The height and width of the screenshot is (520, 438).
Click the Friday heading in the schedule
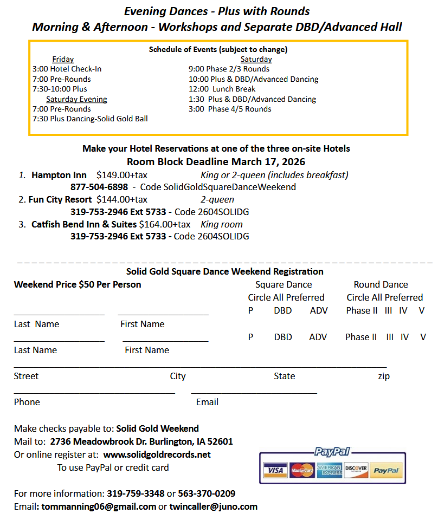click(x=63, y=59)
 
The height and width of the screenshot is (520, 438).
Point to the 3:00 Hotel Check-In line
click(x=67, y=69)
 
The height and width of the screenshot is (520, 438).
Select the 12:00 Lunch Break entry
click(x=222, y=89)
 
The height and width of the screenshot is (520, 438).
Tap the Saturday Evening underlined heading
click(x=76, y=99)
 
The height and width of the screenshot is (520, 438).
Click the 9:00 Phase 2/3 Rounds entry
click(x=229, y=69)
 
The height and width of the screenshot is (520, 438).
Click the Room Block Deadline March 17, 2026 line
click(x=216, y=161)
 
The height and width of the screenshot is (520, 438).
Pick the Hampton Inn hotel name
click(x=59, y=175)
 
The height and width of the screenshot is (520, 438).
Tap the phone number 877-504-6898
click(x=99, y=187)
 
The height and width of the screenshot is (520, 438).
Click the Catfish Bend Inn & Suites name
click(x=84, y=224)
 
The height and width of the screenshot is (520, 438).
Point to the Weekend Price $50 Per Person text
click(x=78, y=284)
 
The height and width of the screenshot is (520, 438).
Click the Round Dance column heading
click(x=381, y=284)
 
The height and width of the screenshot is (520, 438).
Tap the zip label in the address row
click(x=384, y=376)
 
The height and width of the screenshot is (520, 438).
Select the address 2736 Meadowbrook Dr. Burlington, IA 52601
click(x=141, y=441)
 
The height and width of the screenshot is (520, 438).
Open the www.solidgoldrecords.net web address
click(x=157, y=454)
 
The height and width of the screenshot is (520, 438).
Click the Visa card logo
click(x=275, y=470)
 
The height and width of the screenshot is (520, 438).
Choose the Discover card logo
click(x=356, y=470)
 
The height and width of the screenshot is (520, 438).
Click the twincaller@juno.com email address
click(x=213, y=506)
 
